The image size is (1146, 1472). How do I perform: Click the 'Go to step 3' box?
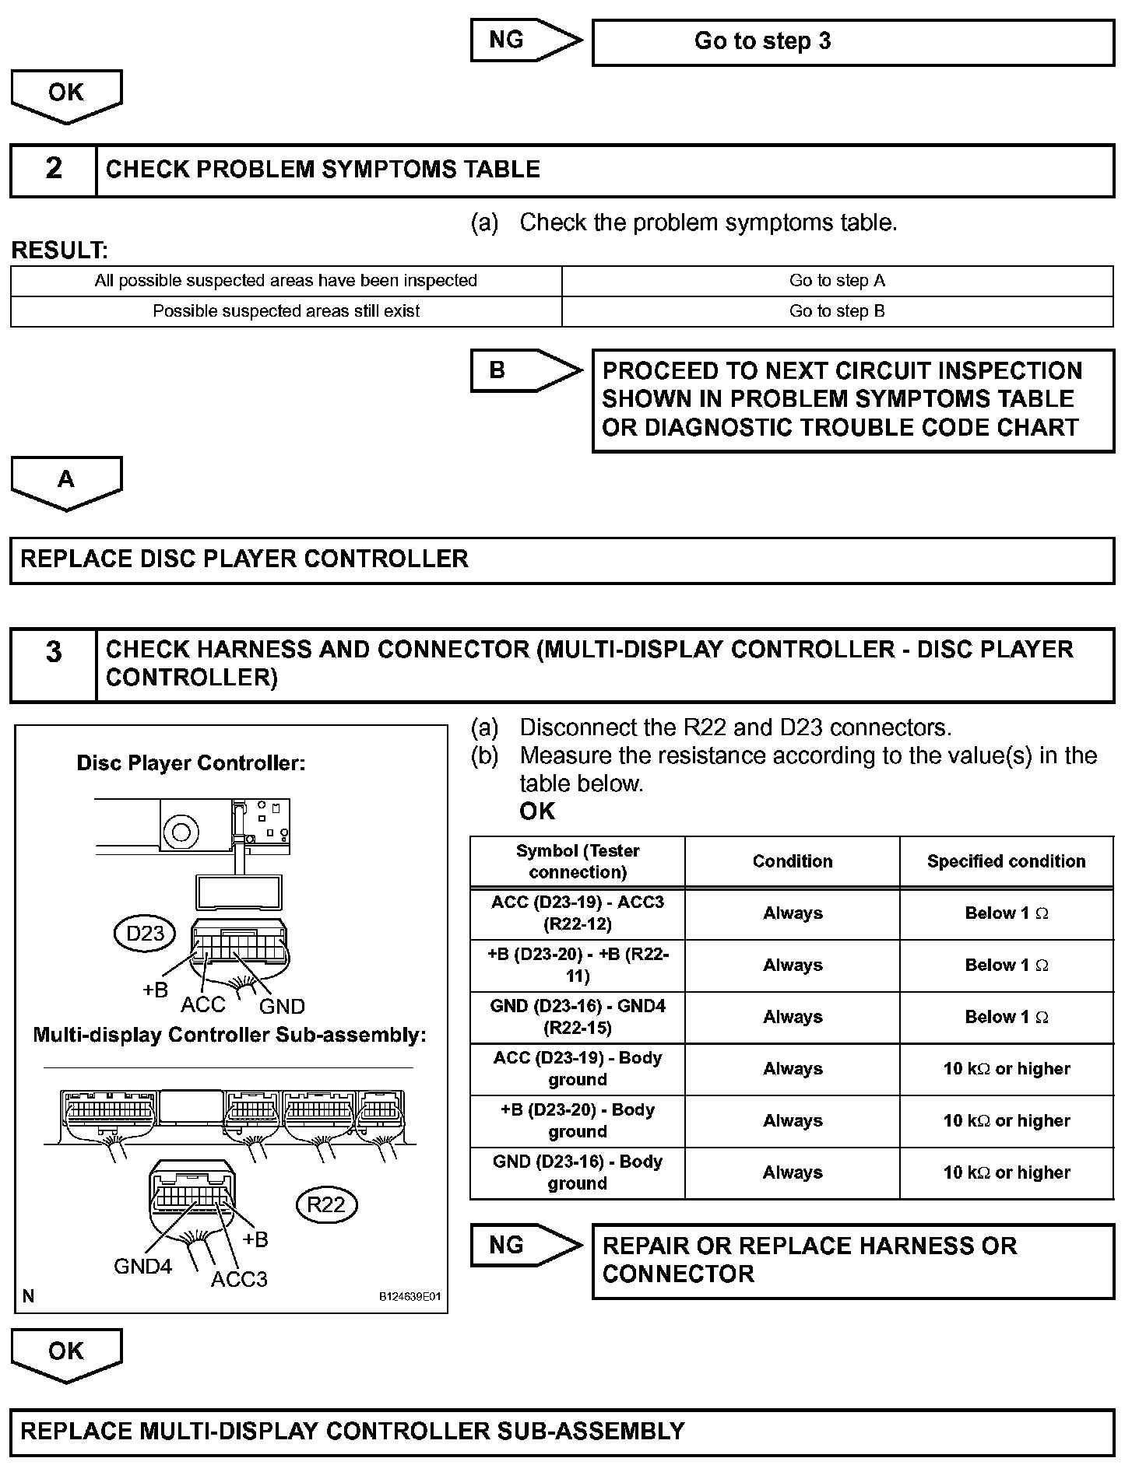852,42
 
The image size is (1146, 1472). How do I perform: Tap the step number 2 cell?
53,169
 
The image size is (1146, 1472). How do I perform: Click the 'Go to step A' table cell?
837,281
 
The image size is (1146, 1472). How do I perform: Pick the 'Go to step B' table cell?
837,311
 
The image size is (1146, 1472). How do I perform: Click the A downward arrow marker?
66,481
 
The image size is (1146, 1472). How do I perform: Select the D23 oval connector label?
145,933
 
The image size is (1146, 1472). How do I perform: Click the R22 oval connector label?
326,1204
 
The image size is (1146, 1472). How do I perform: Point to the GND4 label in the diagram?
142,1267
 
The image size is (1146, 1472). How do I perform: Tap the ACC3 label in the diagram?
239,1279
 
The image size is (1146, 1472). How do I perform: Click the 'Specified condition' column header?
1006,861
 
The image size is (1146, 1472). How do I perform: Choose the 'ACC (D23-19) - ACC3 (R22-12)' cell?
577,913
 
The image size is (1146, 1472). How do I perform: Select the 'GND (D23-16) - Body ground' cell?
577,1172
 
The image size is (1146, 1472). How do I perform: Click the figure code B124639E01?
410,1297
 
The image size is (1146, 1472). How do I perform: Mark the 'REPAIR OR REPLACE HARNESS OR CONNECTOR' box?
852,1260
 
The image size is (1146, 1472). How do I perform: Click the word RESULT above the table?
59,251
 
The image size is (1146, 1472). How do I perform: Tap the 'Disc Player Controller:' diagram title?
191,763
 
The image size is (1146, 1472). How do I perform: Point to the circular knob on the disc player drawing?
181,832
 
